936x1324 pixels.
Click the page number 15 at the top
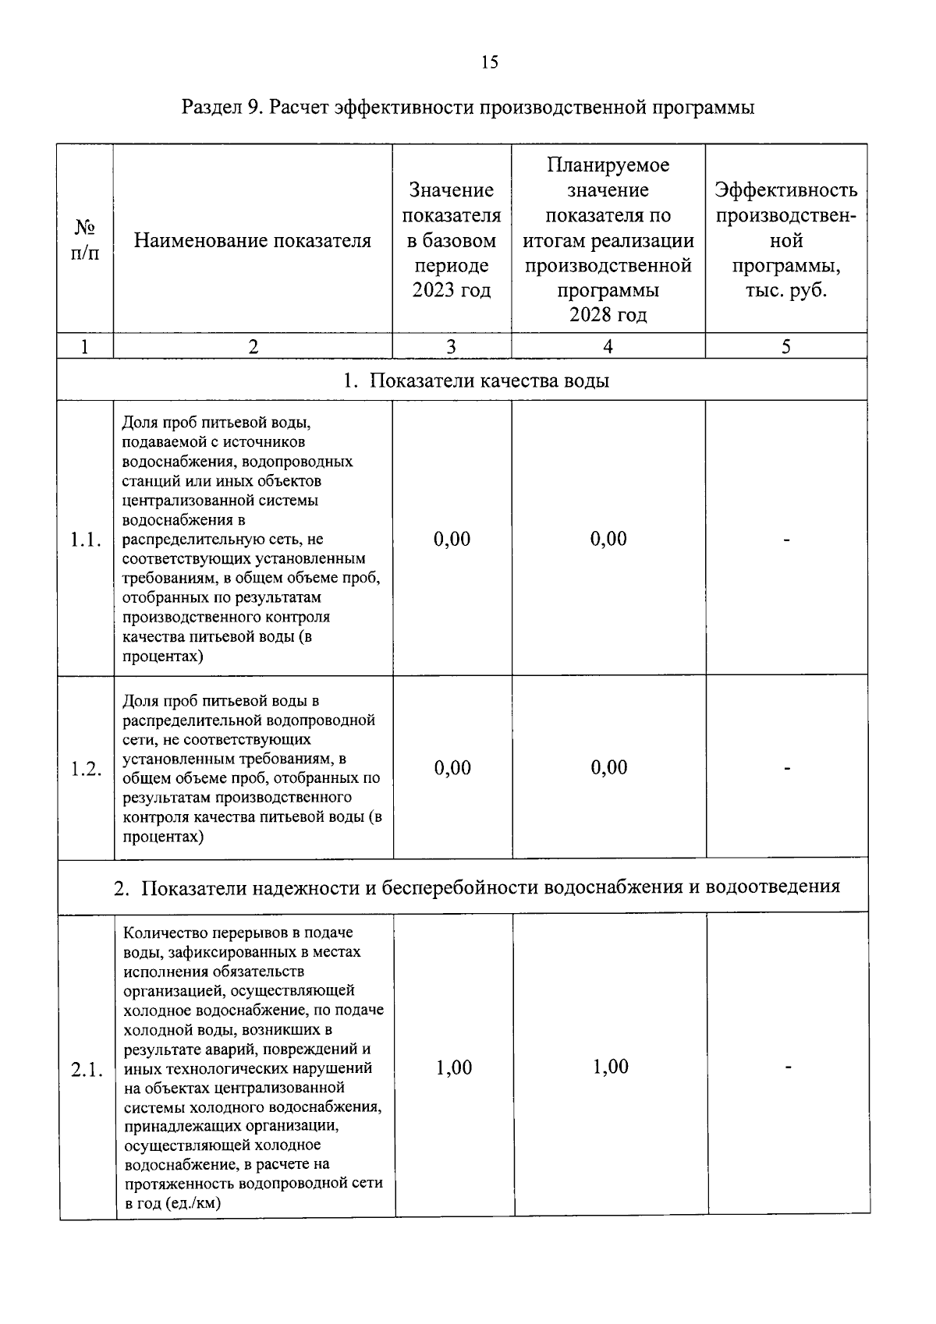pos(489,62)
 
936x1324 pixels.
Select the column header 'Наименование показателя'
pos(252,240)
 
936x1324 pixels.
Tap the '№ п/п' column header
pos(85,240)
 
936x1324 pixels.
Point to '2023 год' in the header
pos(452,290)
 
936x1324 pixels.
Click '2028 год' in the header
pos(608,315)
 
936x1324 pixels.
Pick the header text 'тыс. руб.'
pos(785,290)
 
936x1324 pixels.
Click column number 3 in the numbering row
pos(451,347)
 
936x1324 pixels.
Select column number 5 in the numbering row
pos(785,347)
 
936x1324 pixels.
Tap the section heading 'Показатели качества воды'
pos(489,381)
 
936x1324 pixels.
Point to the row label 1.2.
pos(86,769)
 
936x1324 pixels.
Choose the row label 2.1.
pos(87,1069)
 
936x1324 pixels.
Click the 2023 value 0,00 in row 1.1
pos(452,539)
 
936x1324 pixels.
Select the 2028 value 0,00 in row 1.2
pos(608,767)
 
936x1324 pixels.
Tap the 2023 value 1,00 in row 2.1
pos(453,1067)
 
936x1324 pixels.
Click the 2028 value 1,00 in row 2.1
pos(610,1067)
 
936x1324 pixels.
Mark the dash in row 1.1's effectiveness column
pos(787,540)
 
